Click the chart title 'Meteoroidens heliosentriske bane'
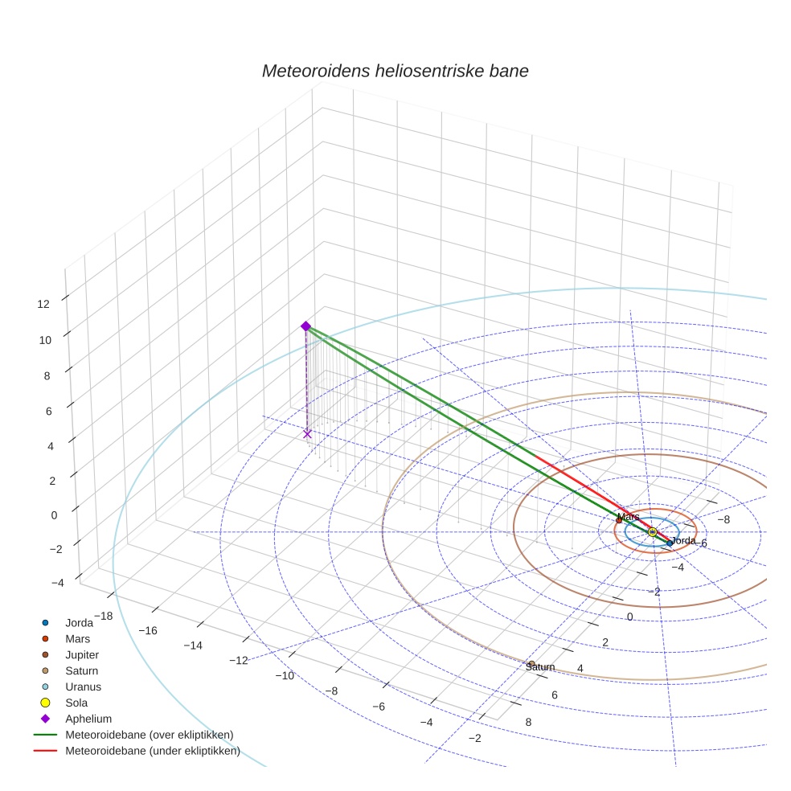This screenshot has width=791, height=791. pos(395,71)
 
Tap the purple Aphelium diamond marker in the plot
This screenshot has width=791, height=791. pos(305,326)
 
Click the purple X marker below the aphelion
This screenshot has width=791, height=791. pos(307,433)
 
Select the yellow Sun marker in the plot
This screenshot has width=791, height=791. pos(652,532)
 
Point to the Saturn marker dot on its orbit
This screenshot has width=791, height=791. pos(531,663)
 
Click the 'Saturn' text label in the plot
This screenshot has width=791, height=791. pos(540,667)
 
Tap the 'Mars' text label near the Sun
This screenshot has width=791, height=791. pos(628,517)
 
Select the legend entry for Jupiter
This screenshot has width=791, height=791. pos(82,654)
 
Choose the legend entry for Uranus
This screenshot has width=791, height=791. pos(83,686)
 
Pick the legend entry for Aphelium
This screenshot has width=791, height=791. pos(88,719)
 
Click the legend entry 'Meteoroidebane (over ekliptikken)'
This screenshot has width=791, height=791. pos(149,735)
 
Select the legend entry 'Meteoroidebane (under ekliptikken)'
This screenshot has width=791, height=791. pos(152,751)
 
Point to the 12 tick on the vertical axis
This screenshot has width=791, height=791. pos(43,303)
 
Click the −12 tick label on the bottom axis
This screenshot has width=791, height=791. pos(239,660)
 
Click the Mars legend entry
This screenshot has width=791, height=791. pos(77,638)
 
